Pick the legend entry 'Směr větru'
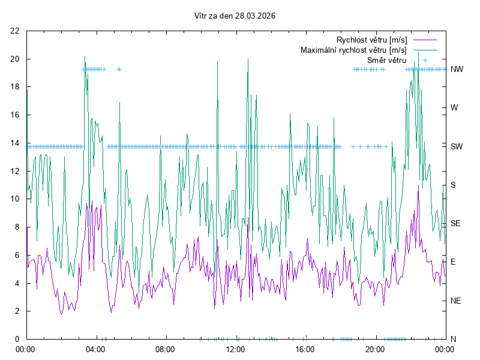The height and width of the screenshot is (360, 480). (x=386, y=60)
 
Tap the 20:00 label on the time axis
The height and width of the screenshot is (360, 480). (x=375, y=349)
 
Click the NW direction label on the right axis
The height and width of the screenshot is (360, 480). (x=457, y=69)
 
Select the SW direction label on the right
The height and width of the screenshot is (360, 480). (x=457, y=146)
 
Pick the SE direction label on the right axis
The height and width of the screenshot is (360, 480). (x=455, y=223)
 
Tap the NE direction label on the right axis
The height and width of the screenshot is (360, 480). (x=455, y=301)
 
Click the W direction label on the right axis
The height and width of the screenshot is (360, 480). (x=454, y=108)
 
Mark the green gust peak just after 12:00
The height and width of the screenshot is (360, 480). (x=247, y=58)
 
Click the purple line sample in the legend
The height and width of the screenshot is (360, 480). (x=424, y=40)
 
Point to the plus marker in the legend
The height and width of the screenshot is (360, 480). (x=424, y=60)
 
